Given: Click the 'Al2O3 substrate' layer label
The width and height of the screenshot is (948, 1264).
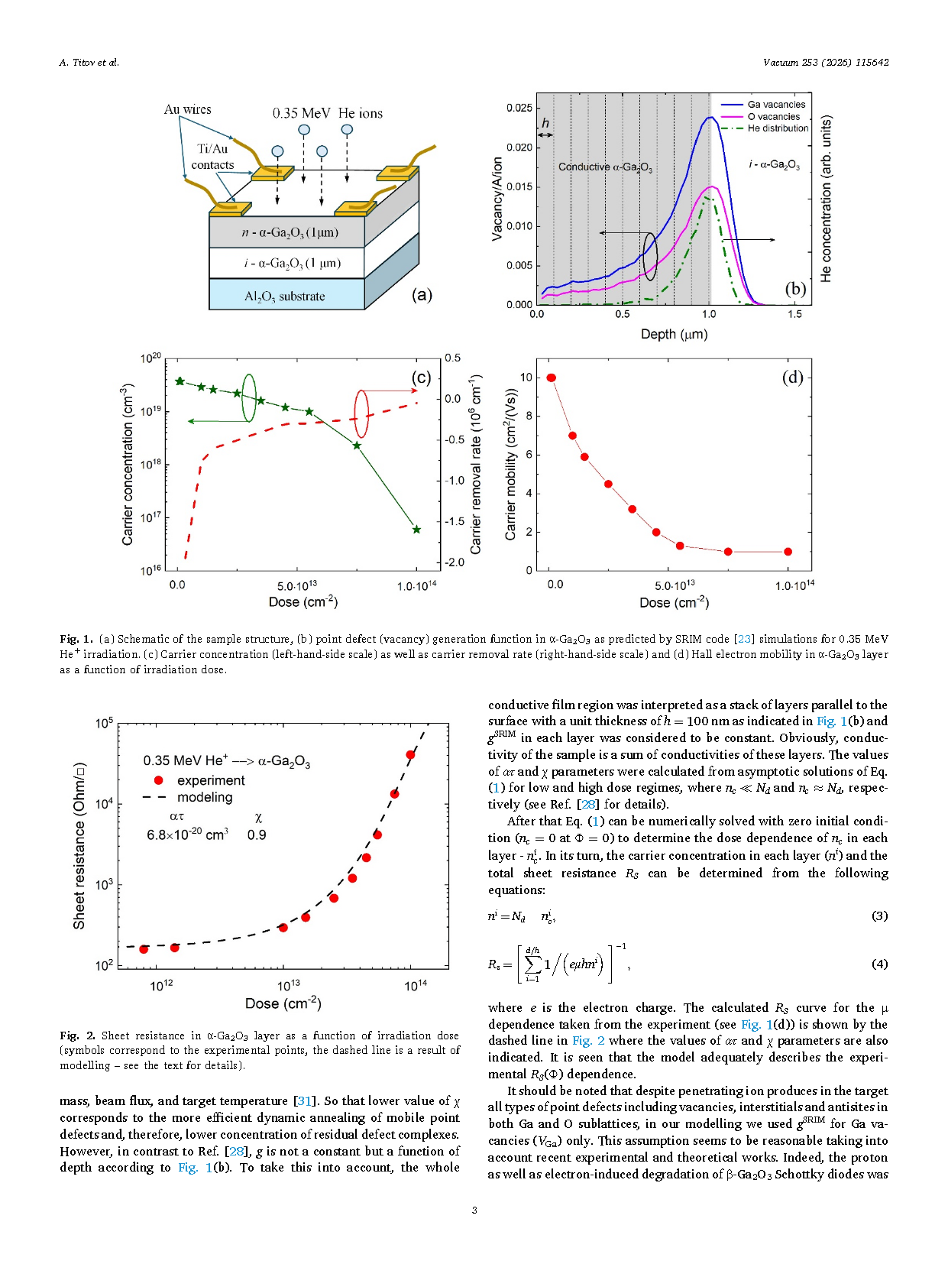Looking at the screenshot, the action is click(x=284, y=297).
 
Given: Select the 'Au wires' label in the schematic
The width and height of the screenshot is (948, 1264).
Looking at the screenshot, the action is click(x=188, y=109).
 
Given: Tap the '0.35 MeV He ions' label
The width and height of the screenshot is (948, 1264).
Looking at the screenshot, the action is click(x=328, y=113).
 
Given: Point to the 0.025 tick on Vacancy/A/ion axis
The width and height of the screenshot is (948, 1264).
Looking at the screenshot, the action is click(x=519, y=108).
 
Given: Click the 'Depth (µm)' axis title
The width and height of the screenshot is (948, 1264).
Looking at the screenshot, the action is click(x=674, y=334).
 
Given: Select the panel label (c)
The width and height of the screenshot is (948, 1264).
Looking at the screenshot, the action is click(x=421, y=378).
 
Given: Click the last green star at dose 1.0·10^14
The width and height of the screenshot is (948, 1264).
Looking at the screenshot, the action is click(x=417, y=529).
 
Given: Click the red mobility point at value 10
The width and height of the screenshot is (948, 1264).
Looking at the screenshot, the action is click(x=551, y=378).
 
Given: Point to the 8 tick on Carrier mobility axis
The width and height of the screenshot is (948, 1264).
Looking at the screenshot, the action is click(x=529, y=416).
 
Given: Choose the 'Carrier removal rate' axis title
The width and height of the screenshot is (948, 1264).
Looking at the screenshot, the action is click(x=475, y=465).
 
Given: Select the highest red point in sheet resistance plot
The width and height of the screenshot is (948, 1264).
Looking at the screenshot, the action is click(x=410, y=754).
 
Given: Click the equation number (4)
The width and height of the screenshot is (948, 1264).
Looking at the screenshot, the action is click(x=879, y=964).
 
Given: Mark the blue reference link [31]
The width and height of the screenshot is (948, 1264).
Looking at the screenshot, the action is click(x=304, y=1101).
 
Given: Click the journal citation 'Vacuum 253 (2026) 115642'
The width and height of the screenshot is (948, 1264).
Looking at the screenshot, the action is click(x=826, y=62).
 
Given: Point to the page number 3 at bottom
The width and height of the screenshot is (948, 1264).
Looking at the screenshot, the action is click(x=474, y=1211).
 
